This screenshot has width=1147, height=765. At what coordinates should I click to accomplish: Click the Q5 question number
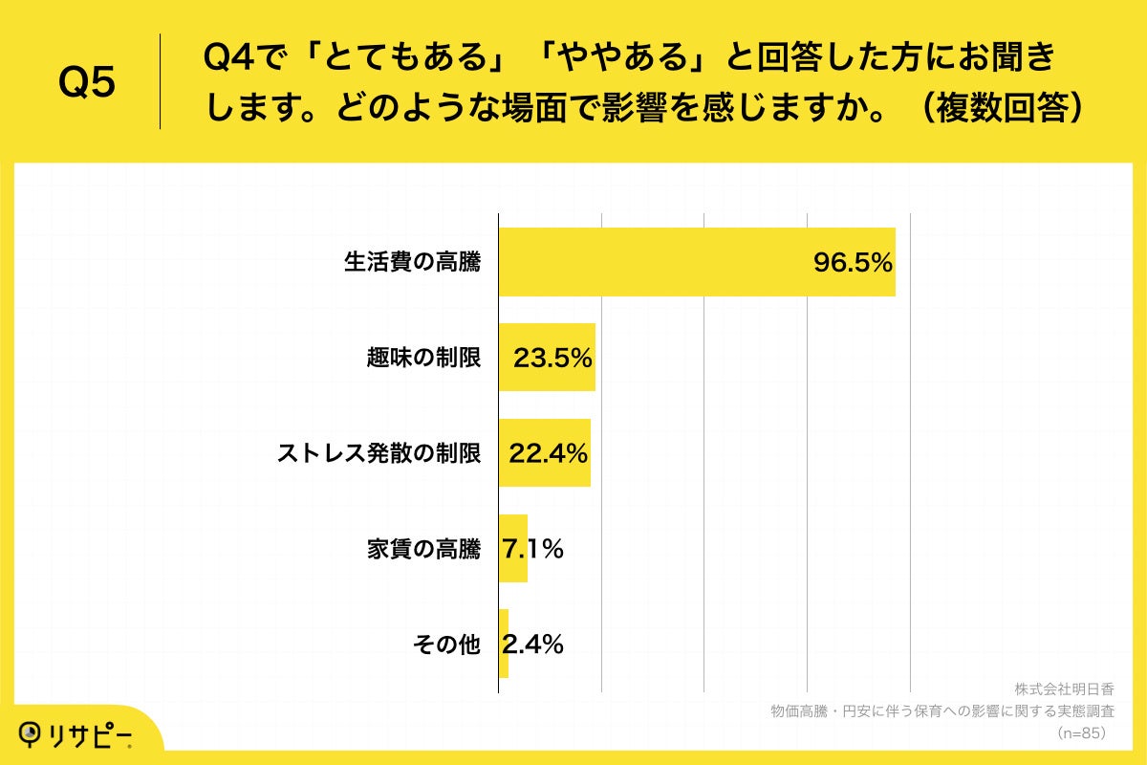pyautogui.click(x=87, y=84)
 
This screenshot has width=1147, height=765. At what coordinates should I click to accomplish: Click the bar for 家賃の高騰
pyautogui.click(x=513, y=549)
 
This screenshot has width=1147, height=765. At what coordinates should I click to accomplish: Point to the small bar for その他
pyautogui.click(x=504, y=645)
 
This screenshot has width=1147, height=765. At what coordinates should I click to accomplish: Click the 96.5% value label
pyautogui.click(x=853, y=263)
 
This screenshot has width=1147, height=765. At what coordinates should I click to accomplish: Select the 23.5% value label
pyautogui.click(x=553, y=359)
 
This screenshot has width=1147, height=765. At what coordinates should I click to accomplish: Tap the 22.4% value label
pyautogui.click(x=549, y=454)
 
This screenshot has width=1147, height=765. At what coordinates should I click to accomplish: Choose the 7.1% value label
pyautogui.click(x=533, y=549)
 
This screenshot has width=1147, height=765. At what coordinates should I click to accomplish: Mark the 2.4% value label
pyautogui.click(x=533, y=645)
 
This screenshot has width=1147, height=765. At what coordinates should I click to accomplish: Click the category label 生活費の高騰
pyautogui.click(x=413, y=263)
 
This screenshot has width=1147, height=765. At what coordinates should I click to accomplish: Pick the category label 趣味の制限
pyautogui.click(x=424, y=359)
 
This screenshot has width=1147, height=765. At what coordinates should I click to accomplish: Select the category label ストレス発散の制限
pyautogui.click(x=379, y=454)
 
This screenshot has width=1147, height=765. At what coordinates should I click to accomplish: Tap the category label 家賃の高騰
pyautogui.click(x=424, y=550)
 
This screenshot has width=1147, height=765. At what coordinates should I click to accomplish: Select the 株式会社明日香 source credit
pyautogui.click(x=1064, y=689)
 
